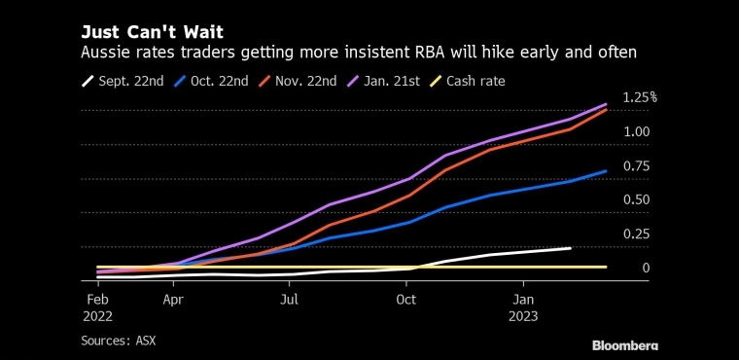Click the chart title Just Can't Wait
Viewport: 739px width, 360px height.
[152, 32]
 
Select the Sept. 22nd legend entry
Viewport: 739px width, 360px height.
[123, 81]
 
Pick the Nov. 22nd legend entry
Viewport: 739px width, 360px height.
[297, 81]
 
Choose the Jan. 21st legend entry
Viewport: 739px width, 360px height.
[383, 81]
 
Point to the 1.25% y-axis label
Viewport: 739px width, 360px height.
[640, 97]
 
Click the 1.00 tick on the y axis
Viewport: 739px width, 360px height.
[636, 131]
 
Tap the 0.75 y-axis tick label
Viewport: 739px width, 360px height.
[636, 166]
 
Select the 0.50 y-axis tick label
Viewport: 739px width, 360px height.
[636, 200]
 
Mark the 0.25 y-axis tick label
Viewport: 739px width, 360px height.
[636, 234]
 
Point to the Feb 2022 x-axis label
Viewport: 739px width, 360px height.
[98, 308]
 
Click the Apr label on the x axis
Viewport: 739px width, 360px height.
[174, 300]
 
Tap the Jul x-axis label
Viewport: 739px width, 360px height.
[289, 300]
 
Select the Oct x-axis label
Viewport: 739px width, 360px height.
[406, 300]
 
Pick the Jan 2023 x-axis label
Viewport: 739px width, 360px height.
[523, 308]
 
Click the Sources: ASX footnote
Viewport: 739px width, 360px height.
[119, 341]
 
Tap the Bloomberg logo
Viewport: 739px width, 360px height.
[625, 345]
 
